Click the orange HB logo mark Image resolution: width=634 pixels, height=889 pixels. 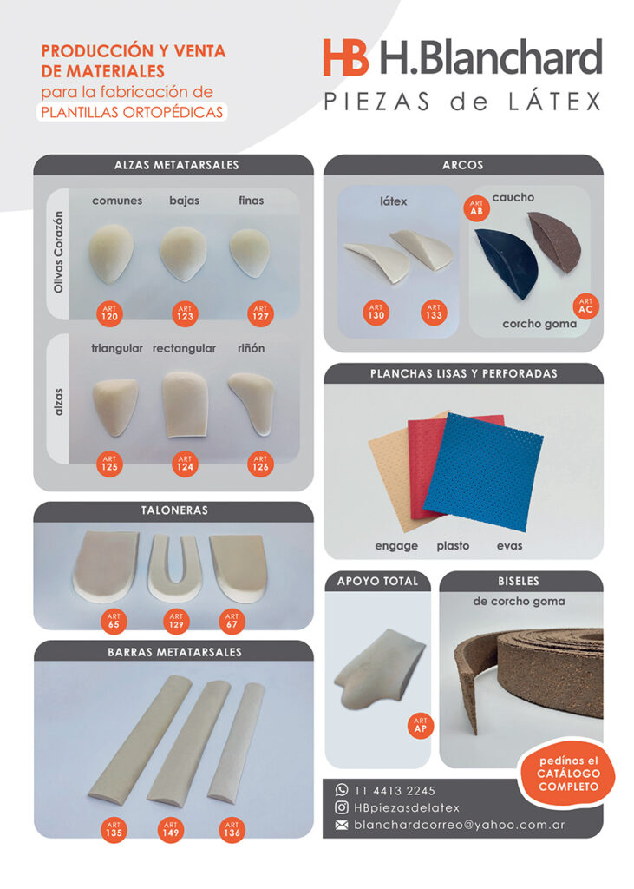(345, 57)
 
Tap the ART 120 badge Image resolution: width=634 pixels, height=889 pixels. (109, 314)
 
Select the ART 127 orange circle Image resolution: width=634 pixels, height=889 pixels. (261, 314)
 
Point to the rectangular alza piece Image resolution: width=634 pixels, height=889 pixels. (185, 405)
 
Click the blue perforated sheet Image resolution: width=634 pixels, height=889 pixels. (483, 471)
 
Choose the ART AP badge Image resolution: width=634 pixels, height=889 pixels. (421, 725)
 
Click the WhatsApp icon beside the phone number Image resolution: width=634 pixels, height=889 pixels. (342, 790)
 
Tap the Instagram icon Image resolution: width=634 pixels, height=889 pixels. (342, 807)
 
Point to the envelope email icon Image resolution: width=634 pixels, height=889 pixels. (342, 826)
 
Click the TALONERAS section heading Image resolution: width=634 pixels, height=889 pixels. (174, 510)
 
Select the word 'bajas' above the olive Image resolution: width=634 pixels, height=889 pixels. (184, 201)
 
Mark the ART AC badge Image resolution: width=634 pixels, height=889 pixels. (585, 306)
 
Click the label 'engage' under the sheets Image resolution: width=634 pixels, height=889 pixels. (396, 546)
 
